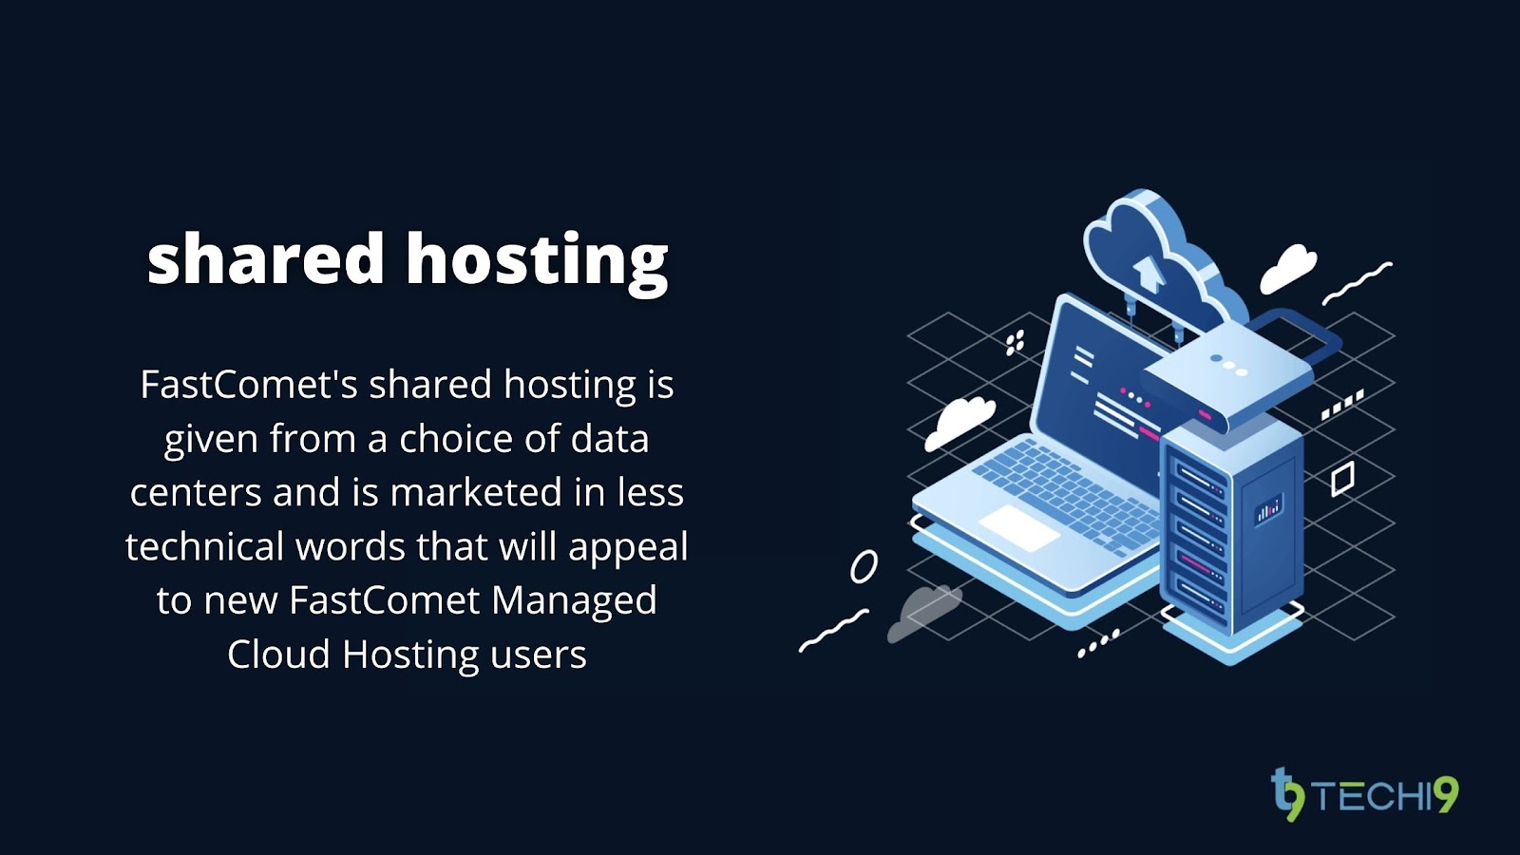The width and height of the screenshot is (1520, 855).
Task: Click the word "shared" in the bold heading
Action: pos(265,258)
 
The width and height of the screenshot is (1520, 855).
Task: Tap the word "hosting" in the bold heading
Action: pos(538,260)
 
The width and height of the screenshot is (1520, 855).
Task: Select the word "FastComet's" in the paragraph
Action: pos(249,385)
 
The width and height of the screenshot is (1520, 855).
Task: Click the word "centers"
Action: pos(195,492)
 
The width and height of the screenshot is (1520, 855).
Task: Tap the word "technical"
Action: pos(204,546)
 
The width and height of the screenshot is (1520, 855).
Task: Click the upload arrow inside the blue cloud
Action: pos(1149,272)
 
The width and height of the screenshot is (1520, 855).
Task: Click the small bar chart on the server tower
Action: pos(1268,509)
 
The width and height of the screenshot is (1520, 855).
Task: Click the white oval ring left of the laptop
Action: pos(864,566)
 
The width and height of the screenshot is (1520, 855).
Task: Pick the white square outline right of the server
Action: pos(1341,478)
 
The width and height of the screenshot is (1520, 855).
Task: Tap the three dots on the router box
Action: pos(1228,365)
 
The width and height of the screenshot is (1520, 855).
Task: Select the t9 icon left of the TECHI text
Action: pos(1287,794)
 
